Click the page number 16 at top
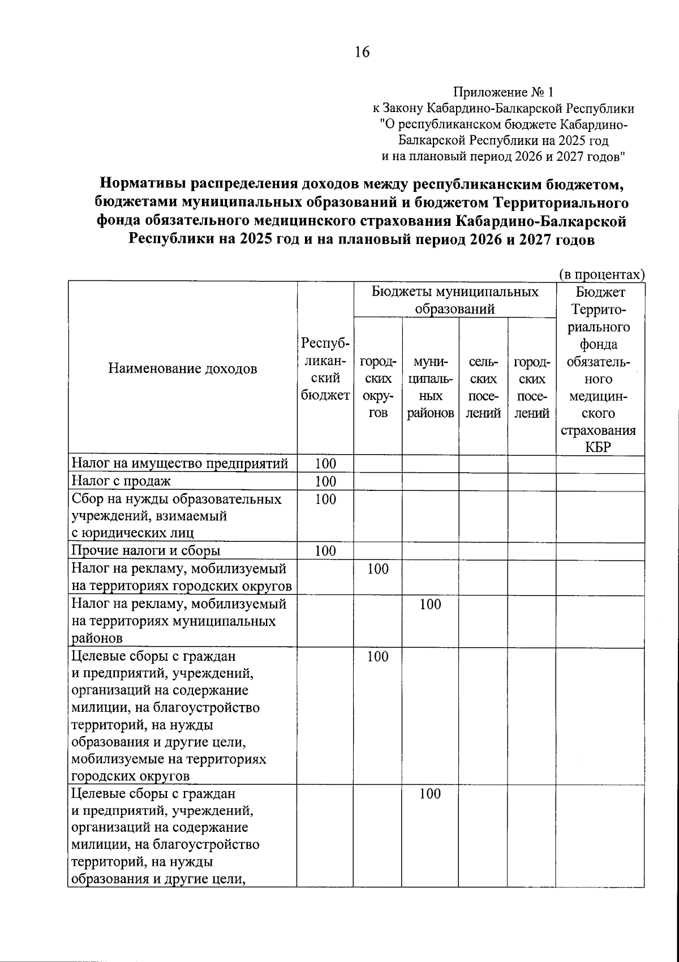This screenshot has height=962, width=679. pyautogui.click(x=362, y=53)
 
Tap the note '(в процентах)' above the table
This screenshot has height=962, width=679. pyautogui.click(x=602, y=275)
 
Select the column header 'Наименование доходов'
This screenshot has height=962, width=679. pyautogui.click(x=182, y=369)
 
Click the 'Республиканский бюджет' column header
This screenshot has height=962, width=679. pyautogui.click(x=325, y=369)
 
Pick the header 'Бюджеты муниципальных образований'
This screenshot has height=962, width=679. pyautogui.click(x=455, y=300)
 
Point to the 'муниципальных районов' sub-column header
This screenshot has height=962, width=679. pyautogui.click(x=430, y=387)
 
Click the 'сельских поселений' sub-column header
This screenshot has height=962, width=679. pyautogui.click(x=483, y=387)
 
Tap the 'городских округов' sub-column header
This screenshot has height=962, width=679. pyautogui.click(x=378, y=387)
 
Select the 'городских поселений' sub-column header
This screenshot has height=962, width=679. pyautogui.click(x=531, y=387)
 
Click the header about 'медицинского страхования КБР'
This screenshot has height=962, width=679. pyautogui.click(x=601, y=369)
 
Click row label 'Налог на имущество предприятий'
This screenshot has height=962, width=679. pyautogui.click(x=179, y=464)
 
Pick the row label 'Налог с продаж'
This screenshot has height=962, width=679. pyautogui.click(x=121, y=481)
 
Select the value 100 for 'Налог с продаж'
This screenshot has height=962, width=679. pyautogui.click(x=325, y=482)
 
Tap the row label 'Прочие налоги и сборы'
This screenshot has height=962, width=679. pyautogui.click(x=145, y=551)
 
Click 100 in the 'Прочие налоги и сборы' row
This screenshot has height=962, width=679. pyautogui.click(x=325, y=551)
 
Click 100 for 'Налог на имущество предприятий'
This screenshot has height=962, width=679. pyautogui.click(x=325, y=464)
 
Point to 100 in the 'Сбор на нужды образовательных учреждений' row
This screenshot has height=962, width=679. pyautogui.click(x=325, y=499)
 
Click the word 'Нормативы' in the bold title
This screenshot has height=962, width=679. pyautogui.click(x=143, y=185)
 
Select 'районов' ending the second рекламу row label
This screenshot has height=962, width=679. pyautogui.click(x=97, y=639)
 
